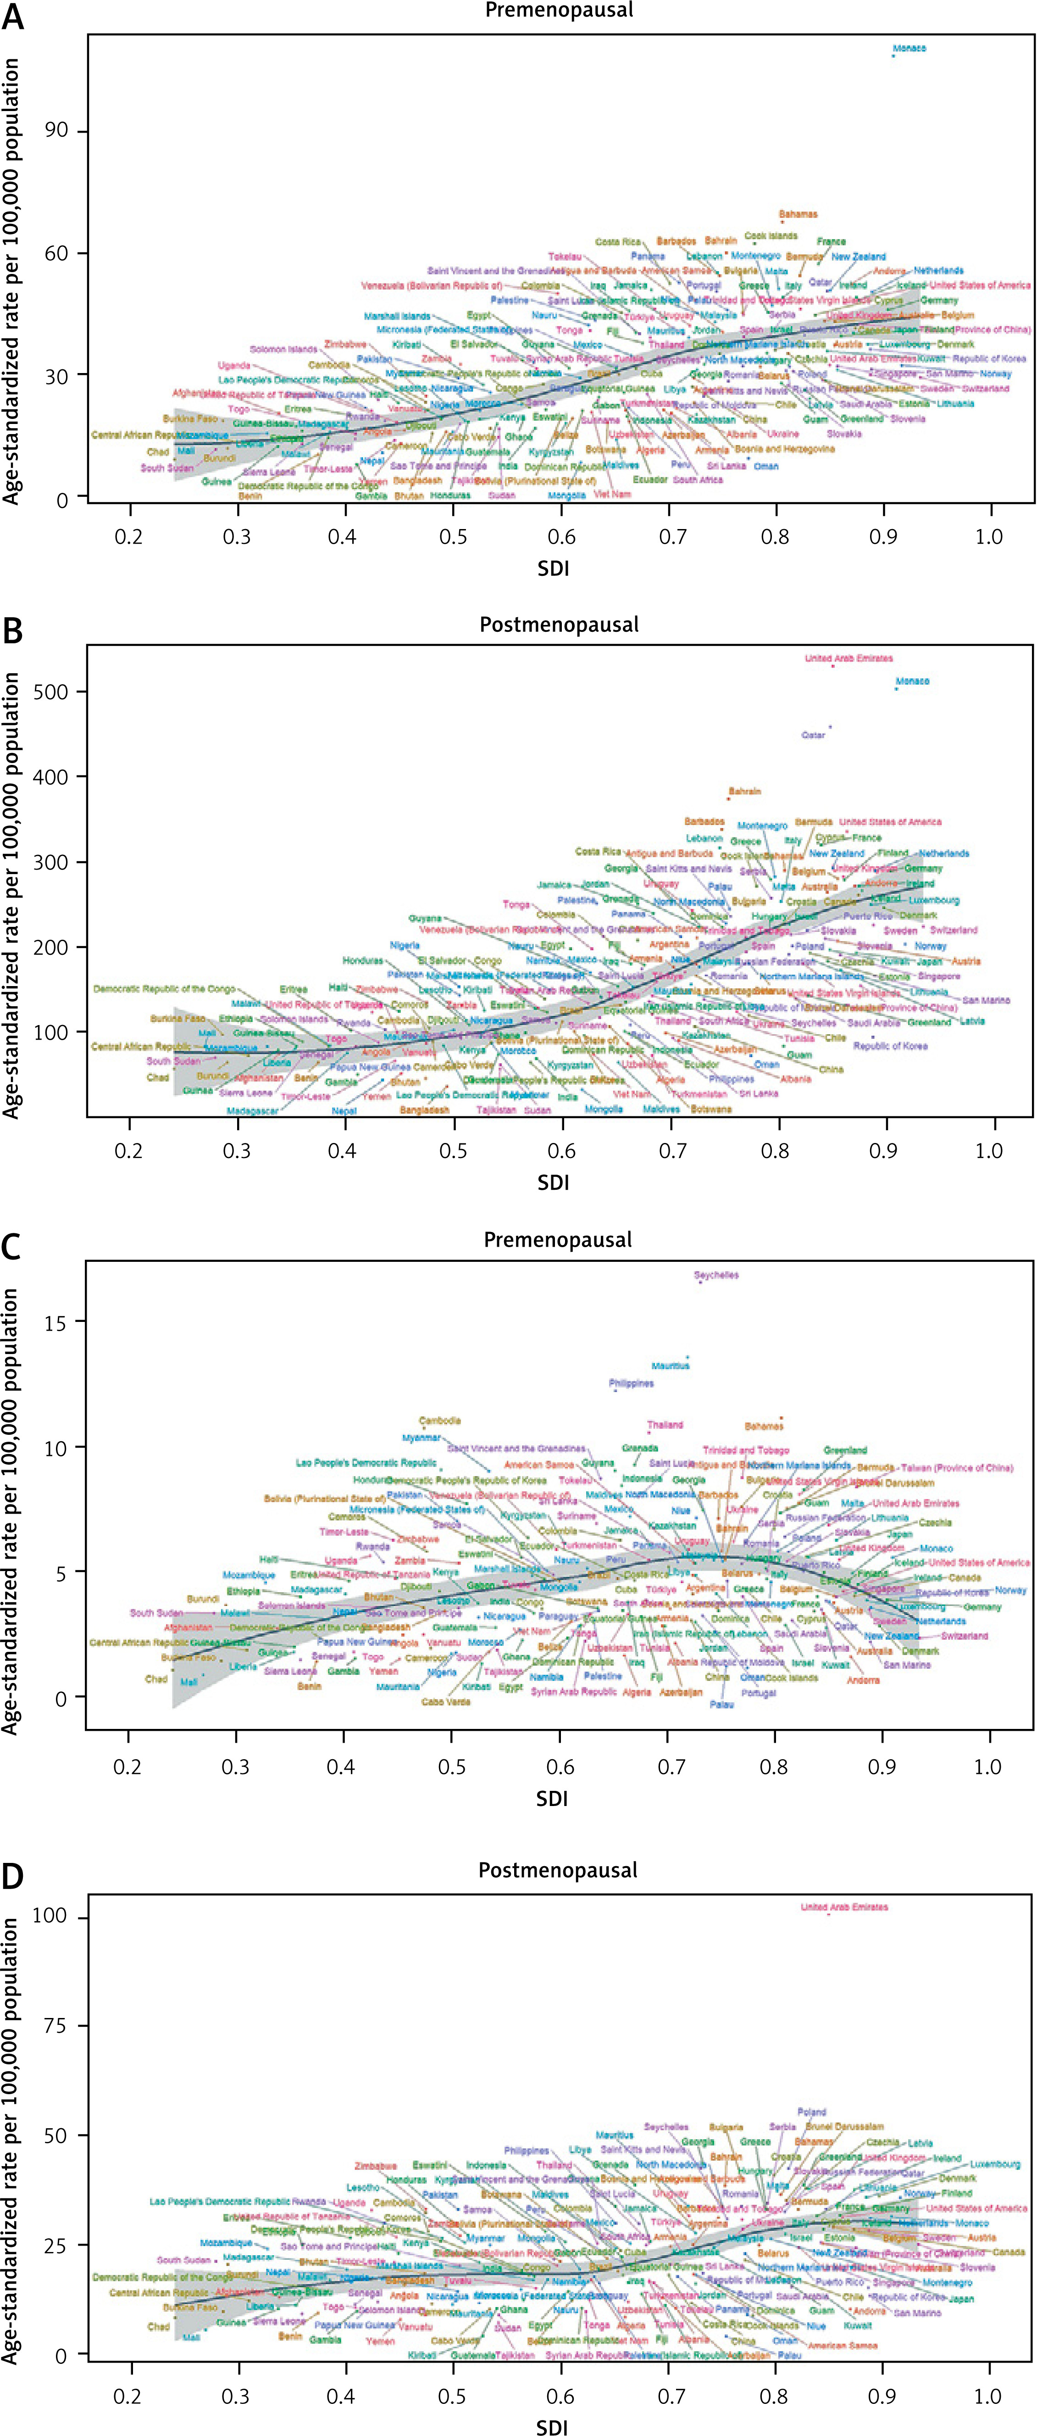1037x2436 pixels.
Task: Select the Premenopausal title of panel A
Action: click(559, 11)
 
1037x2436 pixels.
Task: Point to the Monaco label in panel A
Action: click(909, 48)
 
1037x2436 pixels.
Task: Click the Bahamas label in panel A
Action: click(798, 215)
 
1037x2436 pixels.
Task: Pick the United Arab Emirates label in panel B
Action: click(848, 658)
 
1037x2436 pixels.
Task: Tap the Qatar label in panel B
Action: click(813, 735)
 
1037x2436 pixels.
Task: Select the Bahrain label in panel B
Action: click(745, 791)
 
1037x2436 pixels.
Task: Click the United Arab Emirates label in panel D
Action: click(844, 1907)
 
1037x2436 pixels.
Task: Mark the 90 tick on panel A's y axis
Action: click(57, 130)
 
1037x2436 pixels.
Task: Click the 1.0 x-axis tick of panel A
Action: click(989, 537)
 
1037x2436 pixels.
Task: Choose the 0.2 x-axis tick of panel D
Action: click(128, 2395)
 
